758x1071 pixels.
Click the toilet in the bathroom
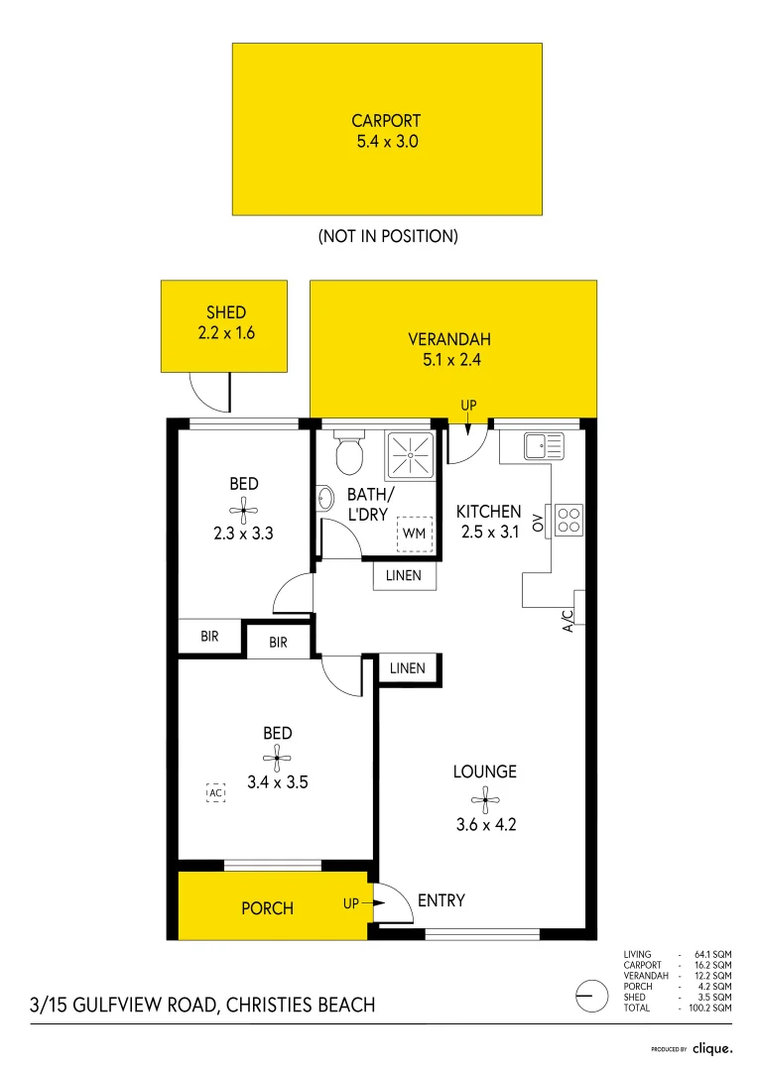click(x=348, y=453)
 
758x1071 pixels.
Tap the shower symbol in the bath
click(x=411, y=455)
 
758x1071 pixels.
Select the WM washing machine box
click(x=413, y=534)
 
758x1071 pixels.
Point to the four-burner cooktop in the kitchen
click(x=569, y=521)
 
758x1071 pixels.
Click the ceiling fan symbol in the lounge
click(x=484, y=796)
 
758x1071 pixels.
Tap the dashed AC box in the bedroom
click(x=215, y=792)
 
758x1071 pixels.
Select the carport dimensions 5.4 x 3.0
click(x=387, y=142)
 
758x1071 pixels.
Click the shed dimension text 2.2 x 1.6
click(x=226, y=333)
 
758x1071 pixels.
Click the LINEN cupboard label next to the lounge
click(x=407, y=668)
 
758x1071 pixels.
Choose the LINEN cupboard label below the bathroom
click(x=404, y=575)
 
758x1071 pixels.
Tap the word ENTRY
click(x=442, y=900)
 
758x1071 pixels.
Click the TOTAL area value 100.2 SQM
click(x=710, y=1008)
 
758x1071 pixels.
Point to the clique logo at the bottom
click(x=711, y=1047)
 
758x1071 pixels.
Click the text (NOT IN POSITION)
click(x=388, y=236)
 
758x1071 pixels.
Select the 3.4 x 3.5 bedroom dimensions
click(x=277, y=781)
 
